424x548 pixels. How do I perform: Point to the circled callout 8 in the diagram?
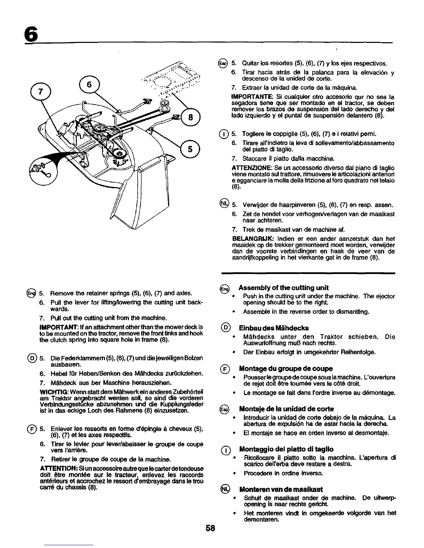tap(189, 117)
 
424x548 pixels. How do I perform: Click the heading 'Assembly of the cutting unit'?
tap(283, 287)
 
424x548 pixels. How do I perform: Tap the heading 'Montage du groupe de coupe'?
tap(286, 368)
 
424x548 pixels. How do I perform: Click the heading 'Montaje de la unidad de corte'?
tap(286, 409)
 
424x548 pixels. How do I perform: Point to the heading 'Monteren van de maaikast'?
tap(281, 489)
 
